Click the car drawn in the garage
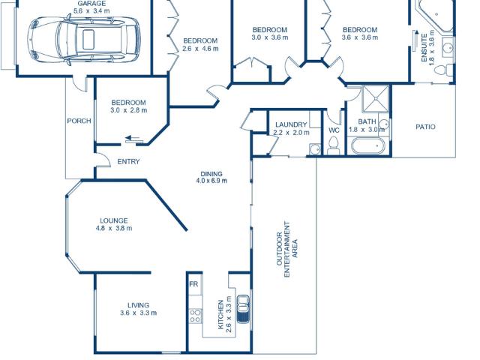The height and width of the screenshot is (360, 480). click(x=83, y=40)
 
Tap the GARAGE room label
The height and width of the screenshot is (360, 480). click(x=91, y=4)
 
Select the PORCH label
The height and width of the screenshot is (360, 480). click(x=79, y=121)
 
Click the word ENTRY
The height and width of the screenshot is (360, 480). click(x=128, y=162)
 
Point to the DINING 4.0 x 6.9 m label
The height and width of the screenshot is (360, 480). click(x=211, y=177)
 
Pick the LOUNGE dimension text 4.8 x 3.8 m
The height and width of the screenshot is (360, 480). click(x=114, y=228)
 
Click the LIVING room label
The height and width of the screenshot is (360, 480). click(x=138, y=305)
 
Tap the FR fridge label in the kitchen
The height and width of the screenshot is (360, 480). click(x=193, y=284)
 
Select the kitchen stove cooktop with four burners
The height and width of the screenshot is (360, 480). click(x=196, y=316)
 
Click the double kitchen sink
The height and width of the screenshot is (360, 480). click(x=243, y=308)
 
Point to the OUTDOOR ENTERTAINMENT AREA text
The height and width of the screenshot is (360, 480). click(x=286, y=249)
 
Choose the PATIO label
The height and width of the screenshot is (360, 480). click(x=425, y=127)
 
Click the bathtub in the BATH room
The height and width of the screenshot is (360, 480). click(x=367, y=146)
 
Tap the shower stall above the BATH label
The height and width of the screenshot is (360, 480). click(x=375, y=98)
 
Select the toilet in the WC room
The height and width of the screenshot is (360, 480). click(x=333, y=145)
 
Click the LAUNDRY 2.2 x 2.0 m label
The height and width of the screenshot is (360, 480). click(x=291, y=128)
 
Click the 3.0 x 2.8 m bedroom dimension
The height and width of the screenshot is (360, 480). click(x=128, y=110)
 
